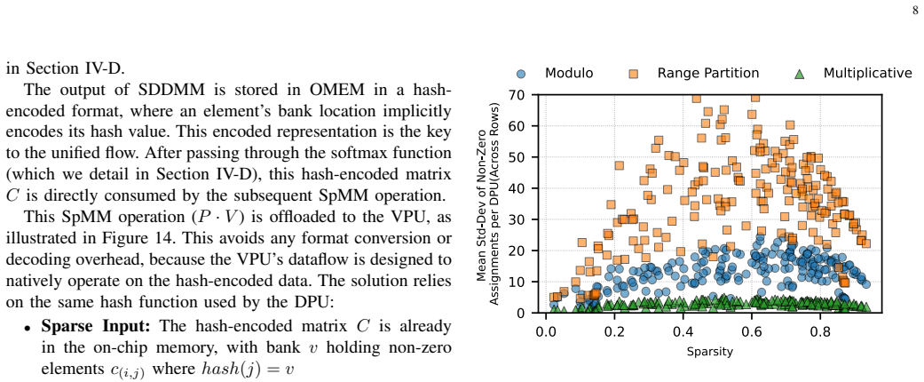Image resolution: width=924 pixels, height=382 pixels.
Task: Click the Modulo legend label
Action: coord(569,73)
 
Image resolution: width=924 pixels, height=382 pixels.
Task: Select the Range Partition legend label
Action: coord(707,73)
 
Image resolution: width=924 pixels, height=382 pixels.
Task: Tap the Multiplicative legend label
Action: coord(867,73)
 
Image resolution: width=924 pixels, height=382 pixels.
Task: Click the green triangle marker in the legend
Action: coord(799,74)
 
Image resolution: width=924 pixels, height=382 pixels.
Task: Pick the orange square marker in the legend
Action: coord(634,74)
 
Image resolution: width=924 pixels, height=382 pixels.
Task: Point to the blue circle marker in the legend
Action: coord(521,74)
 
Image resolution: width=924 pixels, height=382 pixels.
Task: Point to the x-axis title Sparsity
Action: coord(709,352)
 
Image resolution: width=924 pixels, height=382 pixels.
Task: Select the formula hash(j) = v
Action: coord(248,369)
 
